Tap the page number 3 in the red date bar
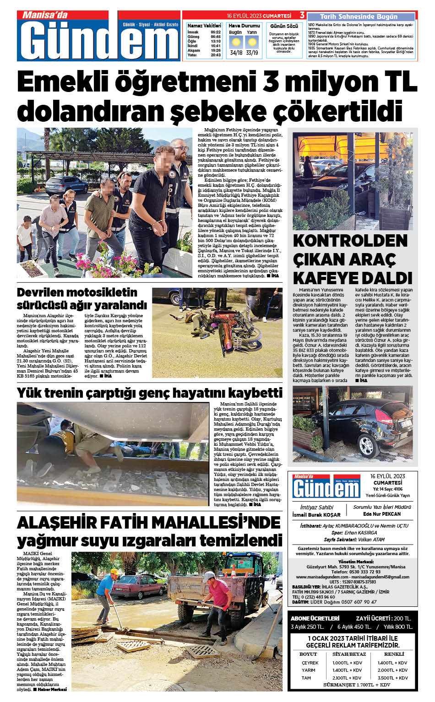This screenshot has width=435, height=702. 302,16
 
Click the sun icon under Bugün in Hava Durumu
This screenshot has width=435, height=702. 236,43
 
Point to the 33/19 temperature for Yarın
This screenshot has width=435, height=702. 252,53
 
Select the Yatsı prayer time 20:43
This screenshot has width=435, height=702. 216,55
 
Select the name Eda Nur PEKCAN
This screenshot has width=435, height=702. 381,514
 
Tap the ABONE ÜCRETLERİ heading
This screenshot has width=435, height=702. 315,618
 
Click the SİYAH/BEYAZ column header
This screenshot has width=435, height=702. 349,654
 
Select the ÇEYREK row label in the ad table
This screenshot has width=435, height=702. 310,663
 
